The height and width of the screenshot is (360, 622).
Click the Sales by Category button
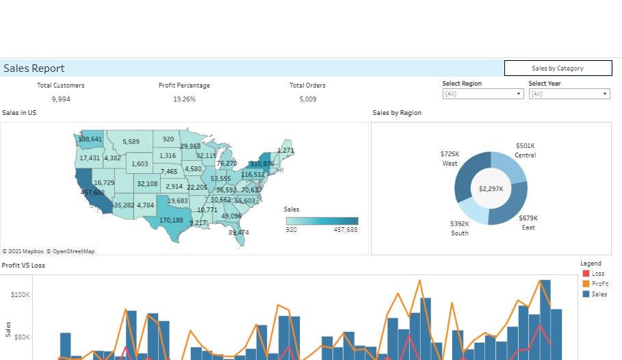(x=558, y=68)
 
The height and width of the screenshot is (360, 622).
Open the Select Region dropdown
(x=482, y=94)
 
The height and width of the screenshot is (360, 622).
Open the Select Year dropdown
(x=569, y=94)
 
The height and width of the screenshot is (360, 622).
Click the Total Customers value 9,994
(x=61, y=99)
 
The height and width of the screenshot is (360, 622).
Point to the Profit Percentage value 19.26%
(x=184, y=99)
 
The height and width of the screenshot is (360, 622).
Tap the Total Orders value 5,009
(x=307, y=99)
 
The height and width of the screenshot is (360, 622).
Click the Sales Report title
(x=34, y=68)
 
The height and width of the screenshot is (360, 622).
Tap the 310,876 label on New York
(x=262, y=164)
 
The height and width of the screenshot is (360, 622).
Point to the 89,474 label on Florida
(x=239, y=233)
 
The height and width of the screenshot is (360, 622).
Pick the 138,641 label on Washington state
(x=90, y=140)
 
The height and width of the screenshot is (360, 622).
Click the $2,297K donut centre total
(x=491, y=189)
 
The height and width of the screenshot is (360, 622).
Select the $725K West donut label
(x=450, y=155)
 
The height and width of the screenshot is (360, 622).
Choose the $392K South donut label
(x=460, y=224)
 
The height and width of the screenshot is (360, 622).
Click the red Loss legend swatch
(x=586, y=274)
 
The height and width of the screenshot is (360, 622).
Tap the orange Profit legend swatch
(x=586, y=284)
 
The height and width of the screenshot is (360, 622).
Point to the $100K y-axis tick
(x=20, y=295)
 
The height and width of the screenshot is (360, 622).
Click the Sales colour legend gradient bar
(x=322, y=221)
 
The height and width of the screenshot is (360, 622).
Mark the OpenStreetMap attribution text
(x=70, y=251)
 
